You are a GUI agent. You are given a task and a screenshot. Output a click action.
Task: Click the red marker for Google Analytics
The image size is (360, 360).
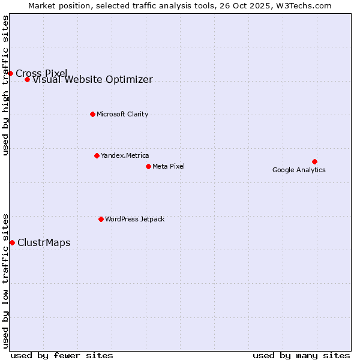(314, 161)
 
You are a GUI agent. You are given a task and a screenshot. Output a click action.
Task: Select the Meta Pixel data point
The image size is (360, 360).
(148, 166)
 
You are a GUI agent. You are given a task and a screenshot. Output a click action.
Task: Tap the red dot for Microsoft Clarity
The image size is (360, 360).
(92, 114)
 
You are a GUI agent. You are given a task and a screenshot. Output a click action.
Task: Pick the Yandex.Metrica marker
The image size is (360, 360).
(97, 155)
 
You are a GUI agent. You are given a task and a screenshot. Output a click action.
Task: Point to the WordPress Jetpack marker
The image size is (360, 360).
(101, 219)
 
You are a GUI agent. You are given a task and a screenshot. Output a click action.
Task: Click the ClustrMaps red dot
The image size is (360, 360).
(12, 242)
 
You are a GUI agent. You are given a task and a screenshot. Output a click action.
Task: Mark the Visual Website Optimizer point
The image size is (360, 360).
(27, 79)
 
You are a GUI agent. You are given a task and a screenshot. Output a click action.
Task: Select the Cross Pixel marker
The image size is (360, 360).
(10, 73)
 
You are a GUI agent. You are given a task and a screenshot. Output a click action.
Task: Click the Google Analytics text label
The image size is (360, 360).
(299, 170)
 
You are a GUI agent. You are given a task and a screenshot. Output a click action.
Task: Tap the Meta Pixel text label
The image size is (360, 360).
(169, 166)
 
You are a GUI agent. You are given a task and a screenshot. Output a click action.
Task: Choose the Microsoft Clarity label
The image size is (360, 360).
(122, 114)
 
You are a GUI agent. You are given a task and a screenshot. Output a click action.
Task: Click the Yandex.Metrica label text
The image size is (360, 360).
(125, 155)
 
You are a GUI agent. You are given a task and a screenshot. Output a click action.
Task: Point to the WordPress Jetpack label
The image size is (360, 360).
(134, 219)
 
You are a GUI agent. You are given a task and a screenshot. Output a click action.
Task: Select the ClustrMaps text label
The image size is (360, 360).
(44, 242)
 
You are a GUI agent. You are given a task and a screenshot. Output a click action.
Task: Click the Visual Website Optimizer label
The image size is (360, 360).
(92, 80)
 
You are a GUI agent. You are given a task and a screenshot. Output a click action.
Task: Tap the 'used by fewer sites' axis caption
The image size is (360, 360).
(62, 355)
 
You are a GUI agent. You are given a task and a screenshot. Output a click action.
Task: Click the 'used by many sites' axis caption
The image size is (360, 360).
(301, 355)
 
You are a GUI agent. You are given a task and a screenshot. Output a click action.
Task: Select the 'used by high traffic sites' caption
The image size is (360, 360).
(6, 85)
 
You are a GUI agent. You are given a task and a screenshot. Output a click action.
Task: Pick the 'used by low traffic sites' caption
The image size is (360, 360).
(6, 280)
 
